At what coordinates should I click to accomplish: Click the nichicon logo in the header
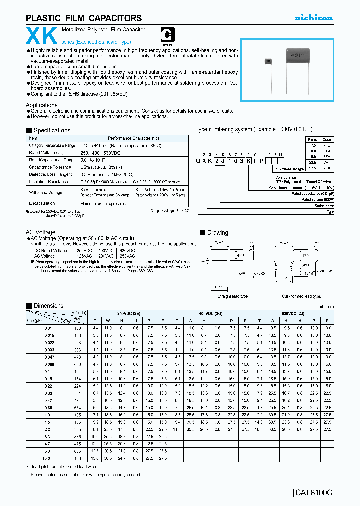point(313,18)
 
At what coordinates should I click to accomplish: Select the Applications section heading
point(42,105)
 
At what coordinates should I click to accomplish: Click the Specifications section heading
point(52,130)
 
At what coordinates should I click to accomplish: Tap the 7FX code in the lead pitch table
point(327,163)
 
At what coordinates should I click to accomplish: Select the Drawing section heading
point(217,233)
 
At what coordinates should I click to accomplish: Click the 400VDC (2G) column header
point(212,313)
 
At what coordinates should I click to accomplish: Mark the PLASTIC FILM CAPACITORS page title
point(84,18)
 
